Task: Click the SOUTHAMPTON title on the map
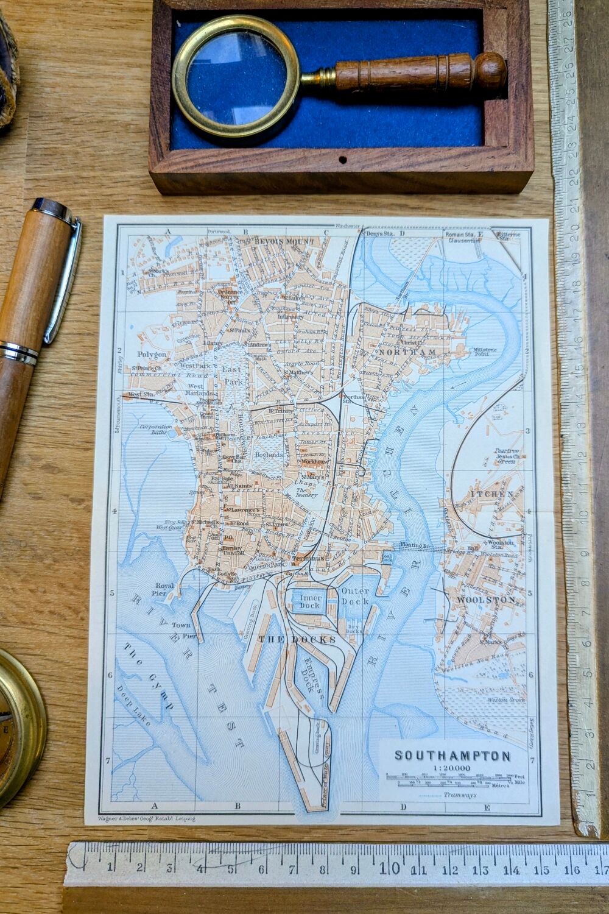pyautogui.click(x=452, y=756)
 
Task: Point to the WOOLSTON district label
pyautogui.click(x=486, y=600)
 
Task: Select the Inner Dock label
pyautogui.click(x=310, y=601)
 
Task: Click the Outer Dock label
pyautogui.click(x=355, y=596)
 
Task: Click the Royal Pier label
pyautogui.click(x=164, y=589)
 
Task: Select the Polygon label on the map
pyautogui.click(x=151, y=354)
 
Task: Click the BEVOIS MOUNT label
pyautogui.click(x=285, y=242)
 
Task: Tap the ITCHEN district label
pyautogui.click(x=492, y=493)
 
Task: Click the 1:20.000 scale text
pyautogui.click(x=451, y=768)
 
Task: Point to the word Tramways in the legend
pyautogui.click(x=460, y=795)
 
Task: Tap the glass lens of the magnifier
pyautogui.click(x=235, y=76)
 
